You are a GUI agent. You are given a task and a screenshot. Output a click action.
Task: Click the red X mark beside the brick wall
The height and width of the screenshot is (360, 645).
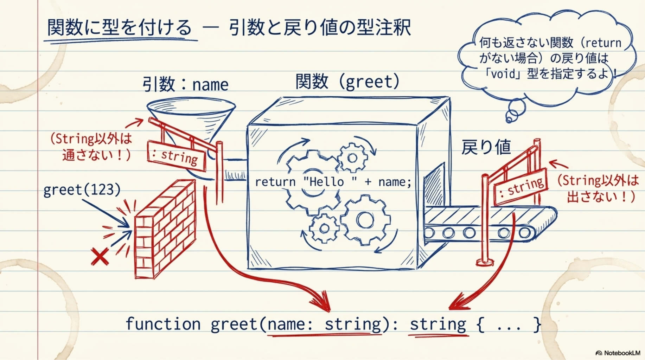(x=100, y=256)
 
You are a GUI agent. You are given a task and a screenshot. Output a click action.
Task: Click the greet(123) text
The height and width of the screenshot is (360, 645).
(x=82, y=190)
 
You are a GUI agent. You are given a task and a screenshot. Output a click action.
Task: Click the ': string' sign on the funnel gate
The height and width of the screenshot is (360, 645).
(x=176, y=156)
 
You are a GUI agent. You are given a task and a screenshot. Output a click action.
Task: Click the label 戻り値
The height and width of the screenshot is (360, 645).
(x=486, y=147)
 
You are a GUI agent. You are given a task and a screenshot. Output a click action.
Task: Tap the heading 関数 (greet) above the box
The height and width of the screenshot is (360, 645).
(x=347, y=82)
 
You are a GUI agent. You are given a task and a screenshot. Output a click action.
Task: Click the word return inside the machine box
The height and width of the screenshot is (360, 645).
(x=275, y=182)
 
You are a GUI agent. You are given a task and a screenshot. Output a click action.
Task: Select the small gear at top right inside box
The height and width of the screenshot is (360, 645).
(x=352, y=158)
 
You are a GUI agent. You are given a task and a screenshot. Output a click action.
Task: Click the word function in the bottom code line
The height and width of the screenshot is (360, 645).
(x=163, y=323)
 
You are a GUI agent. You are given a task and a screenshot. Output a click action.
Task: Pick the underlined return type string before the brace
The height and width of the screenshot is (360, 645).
(x=438, y=324)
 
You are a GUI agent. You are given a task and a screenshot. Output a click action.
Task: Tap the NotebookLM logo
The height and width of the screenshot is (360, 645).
(x=618, y=353)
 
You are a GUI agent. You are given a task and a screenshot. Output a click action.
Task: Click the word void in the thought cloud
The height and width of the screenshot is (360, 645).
(x=503, y=74)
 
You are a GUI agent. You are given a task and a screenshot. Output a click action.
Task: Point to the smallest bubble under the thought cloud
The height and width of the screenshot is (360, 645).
(x=509, y=119)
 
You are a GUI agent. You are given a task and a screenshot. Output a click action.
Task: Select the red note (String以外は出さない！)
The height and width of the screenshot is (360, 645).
(x=598, y=188)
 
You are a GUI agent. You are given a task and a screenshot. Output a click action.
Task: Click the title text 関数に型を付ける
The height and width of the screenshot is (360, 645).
(x=120, y=27)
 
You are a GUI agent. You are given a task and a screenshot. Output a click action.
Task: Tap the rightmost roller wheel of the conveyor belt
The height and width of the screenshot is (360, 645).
(x=525, y=232)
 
